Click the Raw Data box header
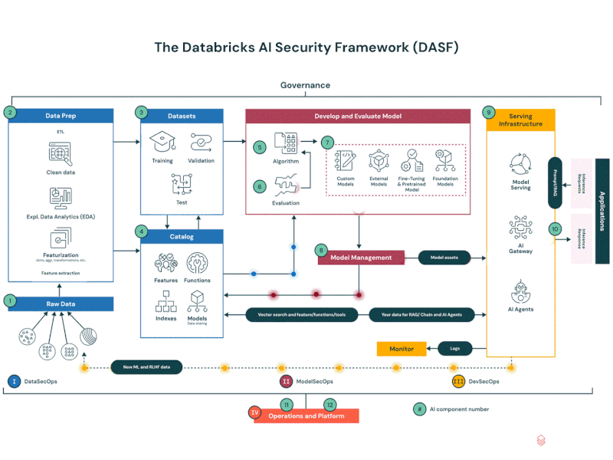(x=61, y=304)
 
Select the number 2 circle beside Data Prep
(x=10, y=113)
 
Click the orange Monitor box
(x=402, y=349)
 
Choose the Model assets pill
(x=444, y=258)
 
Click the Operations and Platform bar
(x=306, y=416)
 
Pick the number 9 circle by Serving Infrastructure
(x=488, y=113)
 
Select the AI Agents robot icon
(x=520, y=292)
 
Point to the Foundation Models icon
(x=446, y=159)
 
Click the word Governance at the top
(x=305, y=85)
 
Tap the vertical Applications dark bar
(x=602, y=211)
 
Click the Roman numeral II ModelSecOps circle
(x=287, y=381)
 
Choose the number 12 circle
(x=329, y=404)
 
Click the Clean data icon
(x=60, y=154)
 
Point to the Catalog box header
(x=182, y=237)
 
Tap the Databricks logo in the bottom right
(x=541, y=441)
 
